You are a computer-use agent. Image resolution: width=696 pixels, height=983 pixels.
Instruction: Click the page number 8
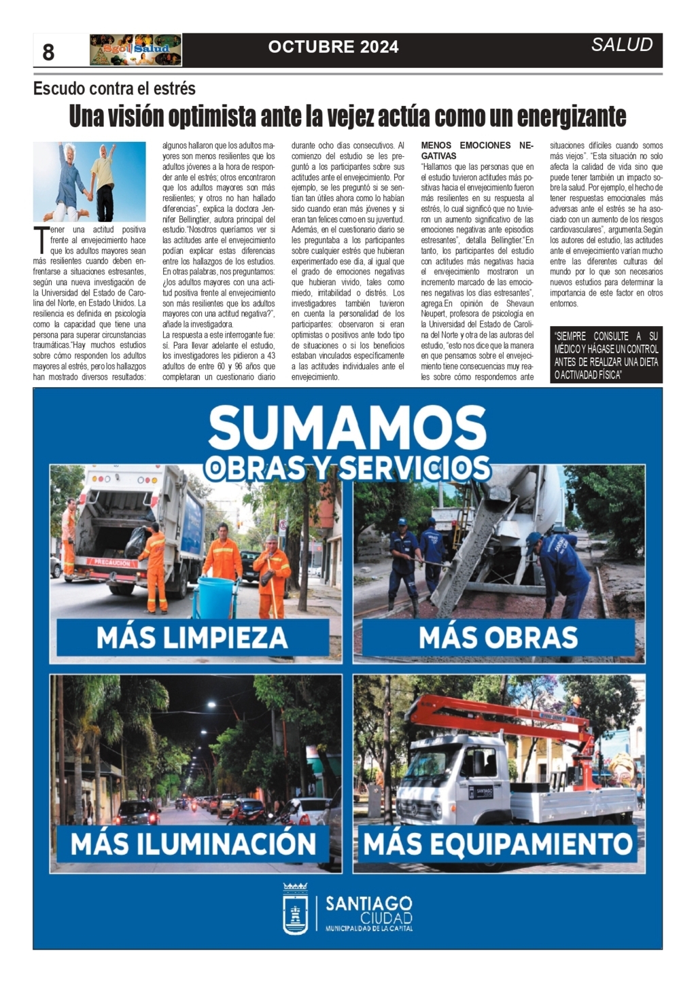pos(48,52)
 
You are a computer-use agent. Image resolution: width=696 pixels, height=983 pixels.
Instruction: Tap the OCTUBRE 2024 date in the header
pos(333,47)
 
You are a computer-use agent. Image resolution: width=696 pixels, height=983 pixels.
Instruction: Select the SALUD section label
pos(621,45)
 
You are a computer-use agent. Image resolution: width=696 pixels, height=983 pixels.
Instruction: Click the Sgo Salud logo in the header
pos(135,50)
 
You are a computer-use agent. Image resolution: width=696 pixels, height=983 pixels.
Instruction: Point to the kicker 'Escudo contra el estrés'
pos(114,88)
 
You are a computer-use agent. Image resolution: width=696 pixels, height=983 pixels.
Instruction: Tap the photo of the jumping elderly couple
pos(89,181)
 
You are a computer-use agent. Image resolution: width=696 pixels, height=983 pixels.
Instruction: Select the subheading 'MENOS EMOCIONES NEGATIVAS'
pos(477,150)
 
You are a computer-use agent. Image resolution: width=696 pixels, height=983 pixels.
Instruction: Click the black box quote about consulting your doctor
pos(606,355)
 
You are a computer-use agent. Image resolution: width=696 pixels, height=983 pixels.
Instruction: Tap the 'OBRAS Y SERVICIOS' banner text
pos(347,468)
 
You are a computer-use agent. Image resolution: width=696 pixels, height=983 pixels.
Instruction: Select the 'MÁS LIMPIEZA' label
pos(192,638)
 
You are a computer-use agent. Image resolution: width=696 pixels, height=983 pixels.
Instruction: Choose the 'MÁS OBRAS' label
pos(498,638)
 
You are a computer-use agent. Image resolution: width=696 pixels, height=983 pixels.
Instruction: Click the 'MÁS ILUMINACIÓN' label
pos(193,844)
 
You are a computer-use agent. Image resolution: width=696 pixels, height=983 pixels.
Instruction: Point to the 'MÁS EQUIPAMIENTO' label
pos(498,844)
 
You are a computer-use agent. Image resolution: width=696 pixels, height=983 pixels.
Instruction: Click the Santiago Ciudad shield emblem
pos(296,908)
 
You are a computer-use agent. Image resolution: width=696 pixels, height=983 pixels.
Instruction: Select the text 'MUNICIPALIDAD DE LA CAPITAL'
pos(368,929)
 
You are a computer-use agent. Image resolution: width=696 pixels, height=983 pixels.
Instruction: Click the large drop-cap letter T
pos(41,240)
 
